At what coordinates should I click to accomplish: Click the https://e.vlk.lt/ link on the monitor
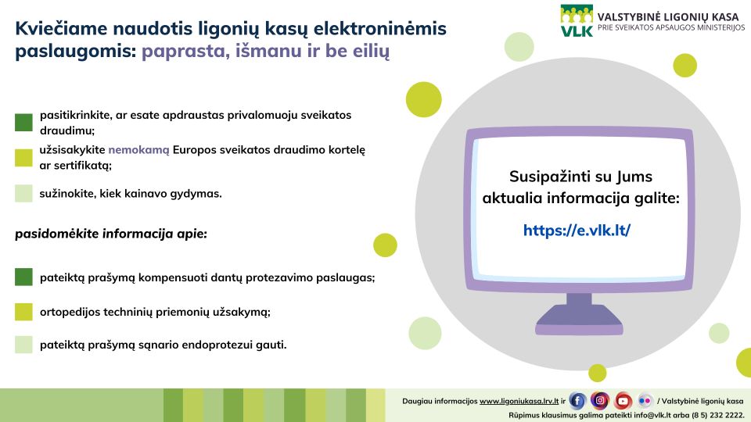click(x=577, y=230)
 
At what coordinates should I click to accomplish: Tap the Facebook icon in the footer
click(x=577, y=400)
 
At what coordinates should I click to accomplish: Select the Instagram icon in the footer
click(x=600, y=400)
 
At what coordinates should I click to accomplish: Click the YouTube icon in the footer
click(x=623, y=400)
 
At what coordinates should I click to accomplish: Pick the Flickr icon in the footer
click(x=645, y=400)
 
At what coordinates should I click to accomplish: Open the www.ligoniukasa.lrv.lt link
click(x=519, y=402)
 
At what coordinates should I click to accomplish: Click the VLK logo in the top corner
click(x=577, y=20)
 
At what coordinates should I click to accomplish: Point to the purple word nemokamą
click(x=139, y=150)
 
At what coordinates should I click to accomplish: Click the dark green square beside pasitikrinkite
click(x=23, y=122)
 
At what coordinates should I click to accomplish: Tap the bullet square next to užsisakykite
click(x=23, y=157)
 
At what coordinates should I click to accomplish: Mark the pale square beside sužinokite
click(x=23, y=193)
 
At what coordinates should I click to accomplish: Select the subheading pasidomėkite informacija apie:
click(x=111, y=234)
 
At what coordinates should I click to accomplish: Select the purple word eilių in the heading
click(x=371, y=51)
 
